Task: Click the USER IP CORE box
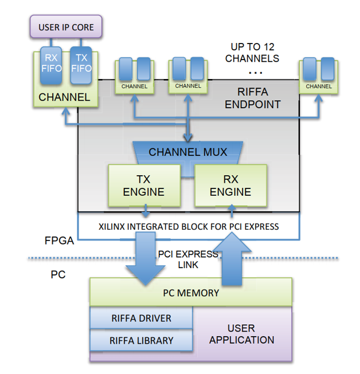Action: [66, 27]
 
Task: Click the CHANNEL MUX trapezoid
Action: [188, 152]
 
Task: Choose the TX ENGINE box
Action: [143, 186]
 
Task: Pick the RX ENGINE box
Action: [230, 186]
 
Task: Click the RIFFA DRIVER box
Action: [141, 318]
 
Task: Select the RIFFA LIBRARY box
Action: [141, 340]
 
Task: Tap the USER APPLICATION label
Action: [241, 334]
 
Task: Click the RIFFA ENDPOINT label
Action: [252, 98]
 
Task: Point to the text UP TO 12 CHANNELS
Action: [252, 53]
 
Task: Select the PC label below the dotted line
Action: [58, 274]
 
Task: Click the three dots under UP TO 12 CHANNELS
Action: [256, 73]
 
